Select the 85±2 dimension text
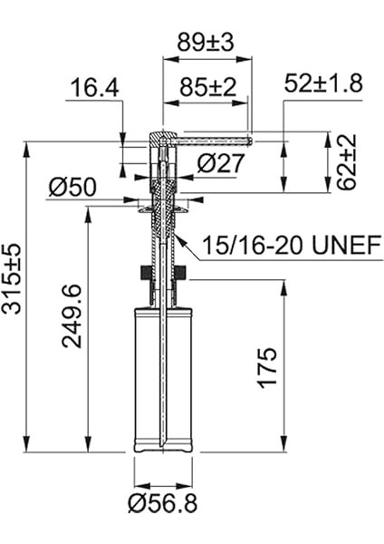205,88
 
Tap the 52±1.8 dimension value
323,83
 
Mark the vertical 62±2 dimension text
347,162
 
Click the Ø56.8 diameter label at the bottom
163,502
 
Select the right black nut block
182,272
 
